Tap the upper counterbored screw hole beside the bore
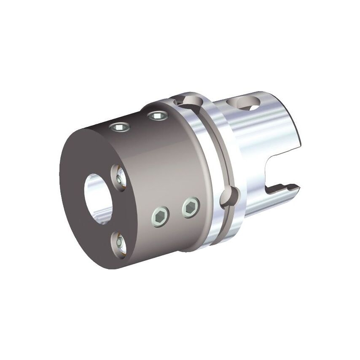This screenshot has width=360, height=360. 118,177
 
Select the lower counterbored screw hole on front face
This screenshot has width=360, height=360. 119,244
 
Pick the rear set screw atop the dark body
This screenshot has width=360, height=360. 157,116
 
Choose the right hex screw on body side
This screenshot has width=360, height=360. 191,207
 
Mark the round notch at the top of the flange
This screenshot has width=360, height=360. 185,101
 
